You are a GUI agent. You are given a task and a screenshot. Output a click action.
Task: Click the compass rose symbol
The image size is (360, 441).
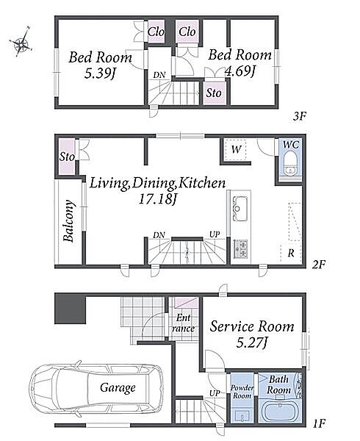coord(21,42)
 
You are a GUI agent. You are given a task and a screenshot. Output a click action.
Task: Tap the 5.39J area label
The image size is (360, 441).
coord(101,73)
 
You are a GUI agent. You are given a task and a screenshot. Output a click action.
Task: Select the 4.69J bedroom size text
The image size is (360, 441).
coord(240,71)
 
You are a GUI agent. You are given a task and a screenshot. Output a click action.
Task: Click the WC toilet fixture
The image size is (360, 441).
coord(289,164)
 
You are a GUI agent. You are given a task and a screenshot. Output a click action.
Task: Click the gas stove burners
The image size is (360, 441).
coord(240,248)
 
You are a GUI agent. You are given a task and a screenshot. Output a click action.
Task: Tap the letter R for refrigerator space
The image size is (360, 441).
coord(291,253)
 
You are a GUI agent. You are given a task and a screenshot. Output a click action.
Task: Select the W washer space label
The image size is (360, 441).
coord(236,149)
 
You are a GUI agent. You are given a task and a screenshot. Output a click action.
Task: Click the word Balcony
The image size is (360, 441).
coord(69,220)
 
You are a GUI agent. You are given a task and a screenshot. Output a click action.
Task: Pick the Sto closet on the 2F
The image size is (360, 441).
coord(67,157)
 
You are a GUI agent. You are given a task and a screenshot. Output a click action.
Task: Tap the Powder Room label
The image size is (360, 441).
coord(242,392)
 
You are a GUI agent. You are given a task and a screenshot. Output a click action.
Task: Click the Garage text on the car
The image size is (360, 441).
coord(118,388)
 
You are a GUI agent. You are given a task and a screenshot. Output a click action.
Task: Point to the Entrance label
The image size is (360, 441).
coord(183,323)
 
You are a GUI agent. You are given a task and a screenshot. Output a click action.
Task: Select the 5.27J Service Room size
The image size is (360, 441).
coord(251,343)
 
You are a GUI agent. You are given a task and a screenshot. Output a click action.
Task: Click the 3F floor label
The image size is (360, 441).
coord(299,115)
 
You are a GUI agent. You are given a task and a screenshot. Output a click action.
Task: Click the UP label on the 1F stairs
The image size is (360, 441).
coord(215,393)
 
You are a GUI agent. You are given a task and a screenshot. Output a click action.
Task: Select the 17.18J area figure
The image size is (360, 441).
coord(157,199)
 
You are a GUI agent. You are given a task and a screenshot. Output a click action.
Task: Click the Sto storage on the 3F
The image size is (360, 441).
coord(214,93)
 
